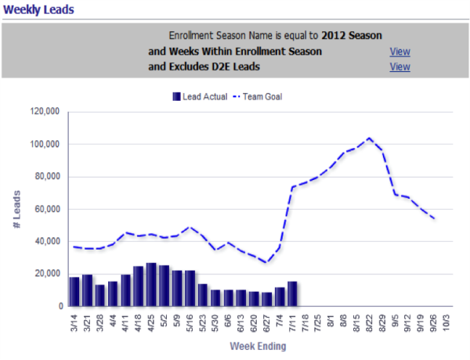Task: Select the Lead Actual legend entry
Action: click(200, 97)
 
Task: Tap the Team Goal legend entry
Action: click(261, 97)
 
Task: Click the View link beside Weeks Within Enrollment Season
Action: click(399, 52)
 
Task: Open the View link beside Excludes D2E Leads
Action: click(399, 67)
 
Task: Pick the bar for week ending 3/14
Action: click(74, 291)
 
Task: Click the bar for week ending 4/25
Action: click(151, 284)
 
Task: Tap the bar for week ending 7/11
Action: click(292, 293)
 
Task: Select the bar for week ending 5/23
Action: click(203, 294)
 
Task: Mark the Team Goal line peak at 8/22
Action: click(369, 139)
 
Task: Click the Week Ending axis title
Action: click(258, 346)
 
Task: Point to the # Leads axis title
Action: click(17, 209)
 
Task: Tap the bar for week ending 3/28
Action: click(100, 295)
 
